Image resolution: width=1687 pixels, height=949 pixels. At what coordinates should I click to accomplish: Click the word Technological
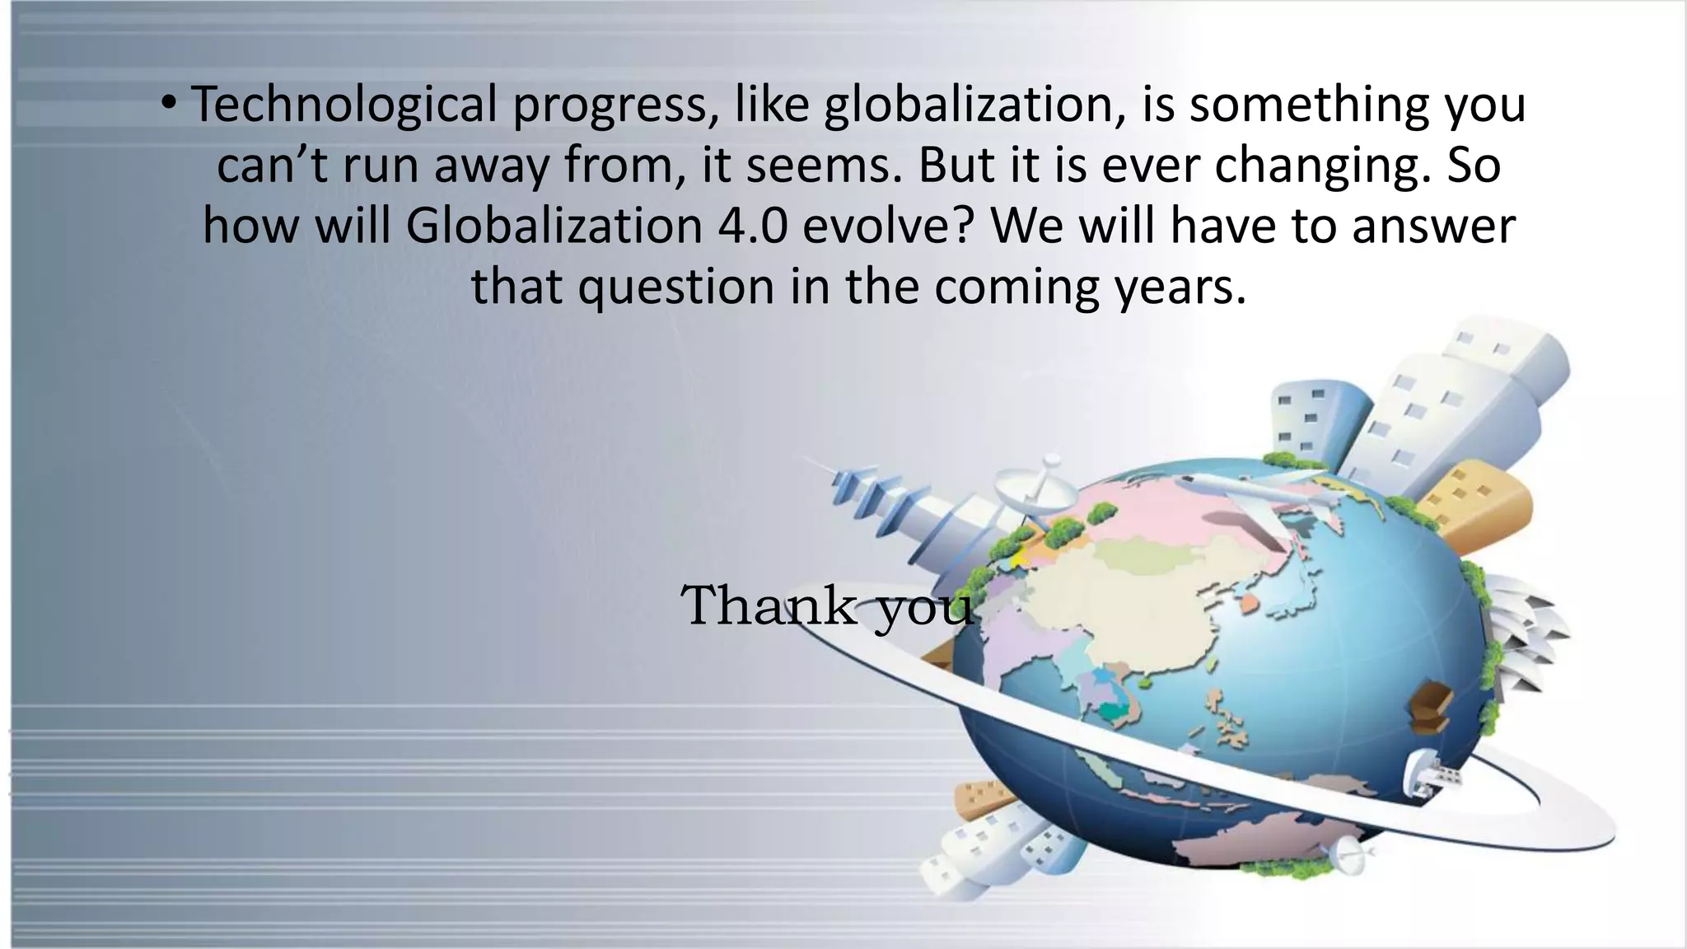coord(344,105)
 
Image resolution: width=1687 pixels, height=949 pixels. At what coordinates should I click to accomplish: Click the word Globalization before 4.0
coord(554,226)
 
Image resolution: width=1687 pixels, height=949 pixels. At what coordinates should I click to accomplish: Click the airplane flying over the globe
coord(1260,494)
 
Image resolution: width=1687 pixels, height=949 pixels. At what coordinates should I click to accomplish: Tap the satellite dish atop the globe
coord(1036,491)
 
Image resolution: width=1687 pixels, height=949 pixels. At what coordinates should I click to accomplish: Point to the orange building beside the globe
coord(1474,503)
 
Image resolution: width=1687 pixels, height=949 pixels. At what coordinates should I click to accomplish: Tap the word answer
coord(1433,226)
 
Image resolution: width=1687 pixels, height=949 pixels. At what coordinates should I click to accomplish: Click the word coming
coord(1019,287)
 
